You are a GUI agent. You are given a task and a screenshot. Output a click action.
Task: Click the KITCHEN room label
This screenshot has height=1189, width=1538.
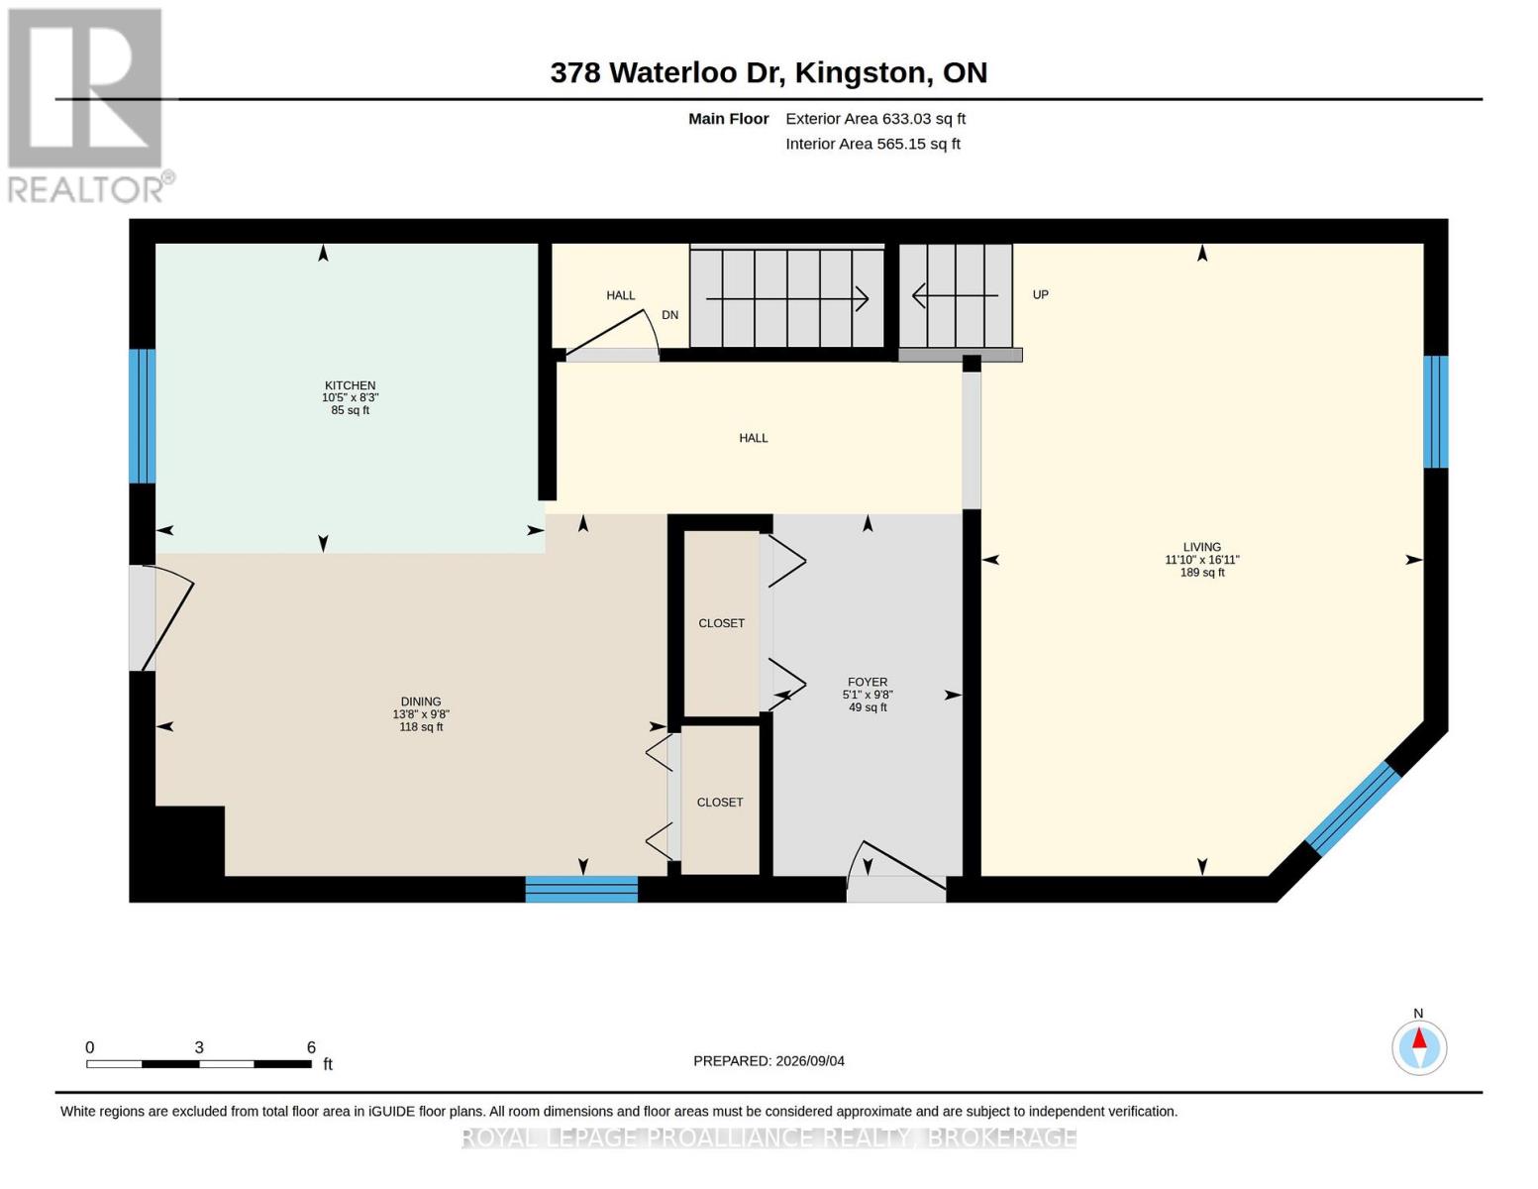pyautogui.click(x=350, y=386)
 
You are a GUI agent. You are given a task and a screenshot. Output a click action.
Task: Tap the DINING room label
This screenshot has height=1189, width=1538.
pyautogui.click(x=421, y=702)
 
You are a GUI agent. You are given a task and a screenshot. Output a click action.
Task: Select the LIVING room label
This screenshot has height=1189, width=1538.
pyautogui.click(x=1201, y=547)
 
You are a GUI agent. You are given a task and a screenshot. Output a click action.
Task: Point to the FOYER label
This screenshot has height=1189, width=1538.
pyautogui.click(x=867, y=682)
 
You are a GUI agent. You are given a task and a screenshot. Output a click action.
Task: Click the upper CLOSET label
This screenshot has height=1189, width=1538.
pyautogui.click(x=721, y=623)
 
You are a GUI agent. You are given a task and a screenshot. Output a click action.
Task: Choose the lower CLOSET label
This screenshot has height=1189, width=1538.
pyautogui.click(x=720, y=803)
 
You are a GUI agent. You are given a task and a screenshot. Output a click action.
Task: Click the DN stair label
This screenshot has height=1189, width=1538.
pyautogui.click(x=669, y=314)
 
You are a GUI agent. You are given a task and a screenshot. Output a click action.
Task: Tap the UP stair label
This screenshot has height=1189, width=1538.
pyautogui.click(x=1040, y=294)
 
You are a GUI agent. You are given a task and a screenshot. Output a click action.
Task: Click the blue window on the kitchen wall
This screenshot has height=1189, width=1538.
pyautogui.click(x=143, y=416)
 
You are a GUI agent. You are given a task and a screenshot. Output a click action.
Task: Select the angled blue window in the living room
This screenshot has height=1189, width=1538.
pyautogui.click(x=1353, y=809)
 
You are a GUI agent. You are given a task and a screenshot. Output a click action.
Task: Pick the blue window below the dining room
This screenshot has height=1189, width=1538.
pyautogui.click(x=581, y=889)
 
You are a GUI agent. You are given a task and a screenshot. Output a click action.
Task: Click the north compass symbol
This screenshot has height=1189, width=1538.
pyautogui.click(x=1418, y=1047)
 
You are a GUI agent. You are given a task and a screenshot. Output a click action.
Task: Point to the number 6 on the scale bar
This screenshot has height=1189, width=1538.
pyautogui.click(x=311, y=1047)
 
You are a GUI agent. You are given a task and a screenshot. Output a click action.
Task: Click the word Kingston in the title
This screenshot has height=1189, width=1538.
pyautogui.click(x=860, y=73)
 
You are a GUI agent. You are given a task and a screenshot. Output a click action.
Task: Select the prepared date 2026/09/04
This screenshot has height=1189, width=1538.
pyautogui.click(x=810, y=1061)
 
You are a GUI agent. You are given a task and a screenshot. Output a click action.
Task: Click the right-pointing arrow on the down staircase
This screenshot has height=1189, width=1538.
pyautogui.click(x=787, y=299)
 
